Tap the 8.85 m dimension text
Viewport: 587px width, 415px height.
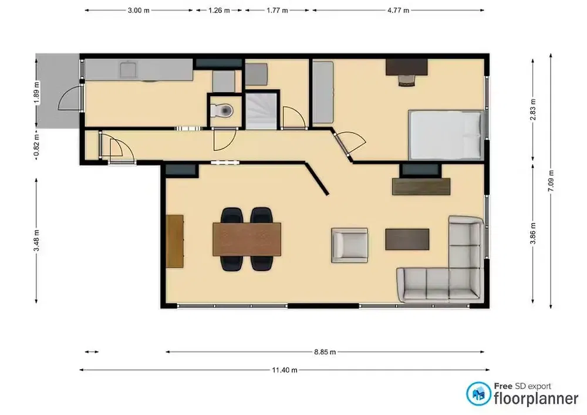point(325,352)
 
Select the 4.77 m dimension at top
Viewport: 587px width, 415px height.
point(398,11)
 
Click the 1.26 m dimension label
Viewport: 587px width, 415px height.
point(219,11)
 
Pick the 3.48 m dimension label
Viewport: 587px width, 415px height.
point(36,241)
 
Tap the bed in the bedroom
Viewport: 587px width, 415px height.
point(446,136)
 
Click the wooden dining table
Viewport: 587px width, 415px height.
point(247,239)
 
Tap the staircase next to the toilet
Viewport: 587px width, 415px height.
point(260,110)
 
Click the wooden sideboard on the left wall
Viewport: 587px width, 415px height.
point(175,241)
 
